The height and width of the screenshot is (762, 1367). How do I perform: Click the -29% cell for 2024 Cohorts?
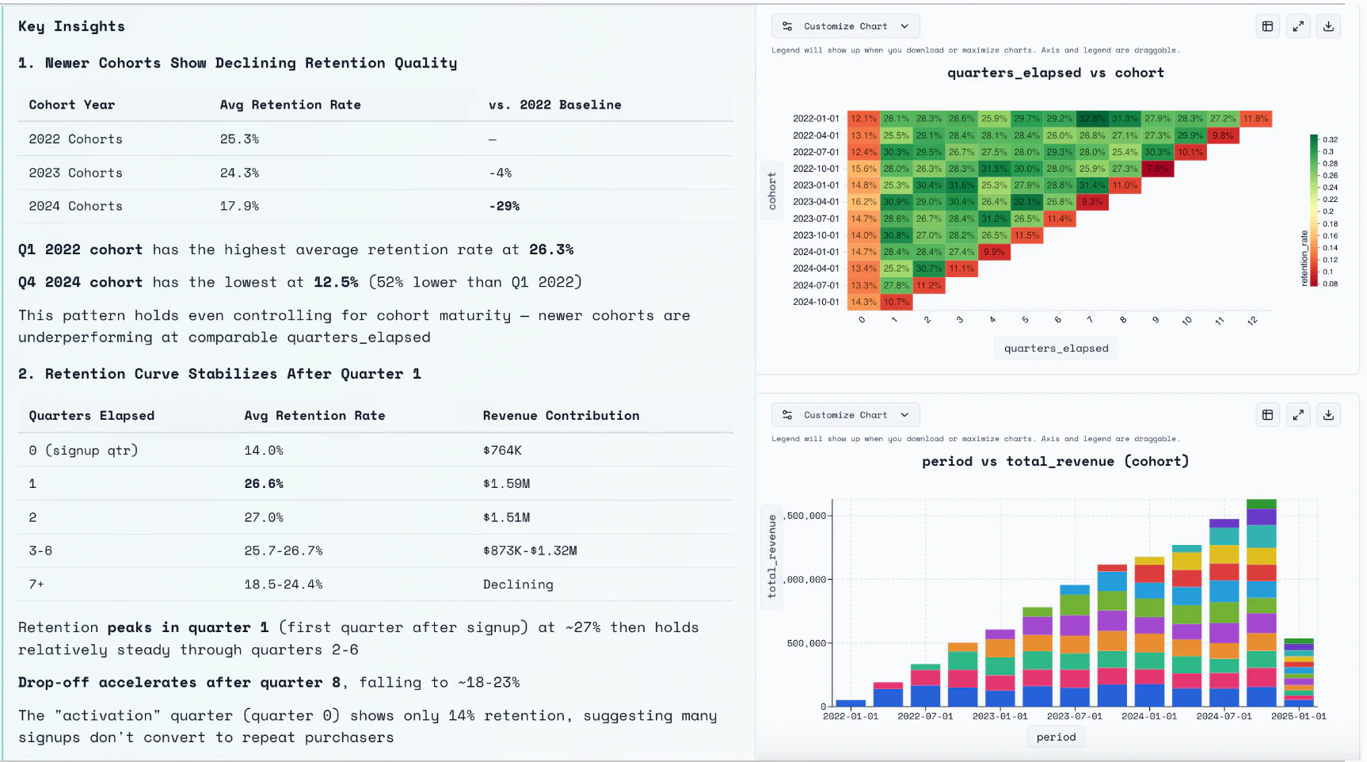click(x=504, y=206)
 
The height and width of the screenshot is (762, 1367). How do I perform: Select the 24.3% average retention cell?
click(x=239, y=173)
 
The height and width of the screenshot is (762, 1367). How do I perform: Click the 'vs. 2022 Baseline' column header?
click(x=554, y=105)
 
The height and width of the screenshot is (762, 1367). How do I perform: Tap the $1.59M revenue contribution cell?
click(x=506, y=483)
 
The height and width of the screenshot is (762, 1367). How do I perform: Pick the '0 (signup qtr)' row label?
click(x=83, y=450)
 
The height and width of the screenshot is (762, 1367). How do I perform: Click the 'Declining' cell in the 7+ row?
click(x=518, y=584)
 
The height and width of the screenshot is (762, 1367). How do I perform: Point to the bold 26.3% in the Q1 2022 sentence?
click(x=551, y=250)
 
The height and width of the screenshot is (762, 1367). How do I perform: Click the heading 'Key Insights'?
click(x=71, y=26)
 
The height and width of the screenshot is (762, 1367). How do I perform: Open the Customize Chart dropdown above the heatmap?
click(x=845, y=26)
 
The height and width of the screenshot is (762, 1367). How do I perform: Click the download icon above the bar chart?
click(x=1328, y=415)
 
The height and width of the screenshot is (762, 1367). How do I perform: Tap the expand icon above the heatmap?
click(x=1298, y=26)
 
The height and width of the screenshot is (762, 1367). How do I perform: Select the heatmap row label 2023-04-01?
click(x=816, y=202)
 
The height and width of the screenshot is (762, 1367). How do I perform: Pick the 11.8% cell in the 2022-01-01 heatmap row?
click(x=1255, y=119)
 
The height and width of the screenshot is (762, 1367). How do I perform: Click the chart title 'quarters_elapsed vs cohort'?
click(x=1055, y=73)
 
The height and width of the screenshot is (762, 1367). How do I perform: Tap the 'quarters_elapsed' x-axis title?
click(x=1056, y=349)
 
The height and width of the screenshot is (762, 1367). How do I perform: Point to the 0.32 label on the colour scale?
click(x=1330, y=139)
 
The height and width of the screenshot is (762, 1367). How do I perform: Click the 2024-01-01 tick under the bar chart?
click(x=1148, y=716)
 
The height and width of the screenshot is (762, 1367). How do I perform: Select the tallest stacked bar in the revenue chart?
click(x=1261, y=602)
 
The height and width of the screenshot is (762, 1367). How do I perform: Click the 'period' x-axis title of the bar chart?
click(x=1056, y=737)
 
